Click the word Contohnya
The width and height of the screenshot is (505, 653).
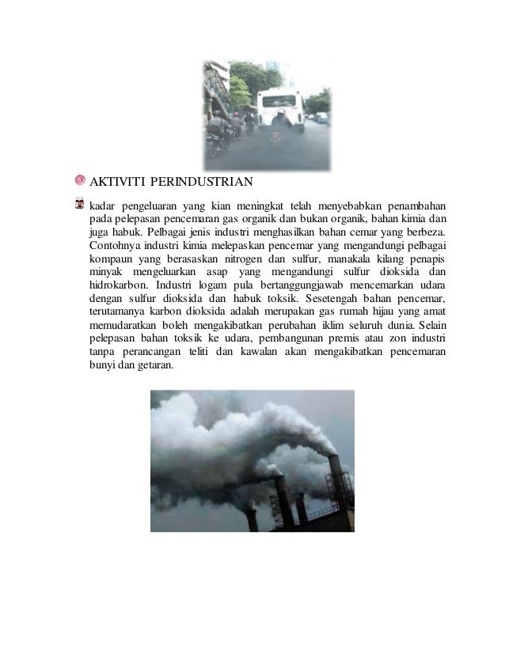click(116, 245)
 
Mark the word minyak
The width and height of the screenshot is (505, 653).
click(104, 272)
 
